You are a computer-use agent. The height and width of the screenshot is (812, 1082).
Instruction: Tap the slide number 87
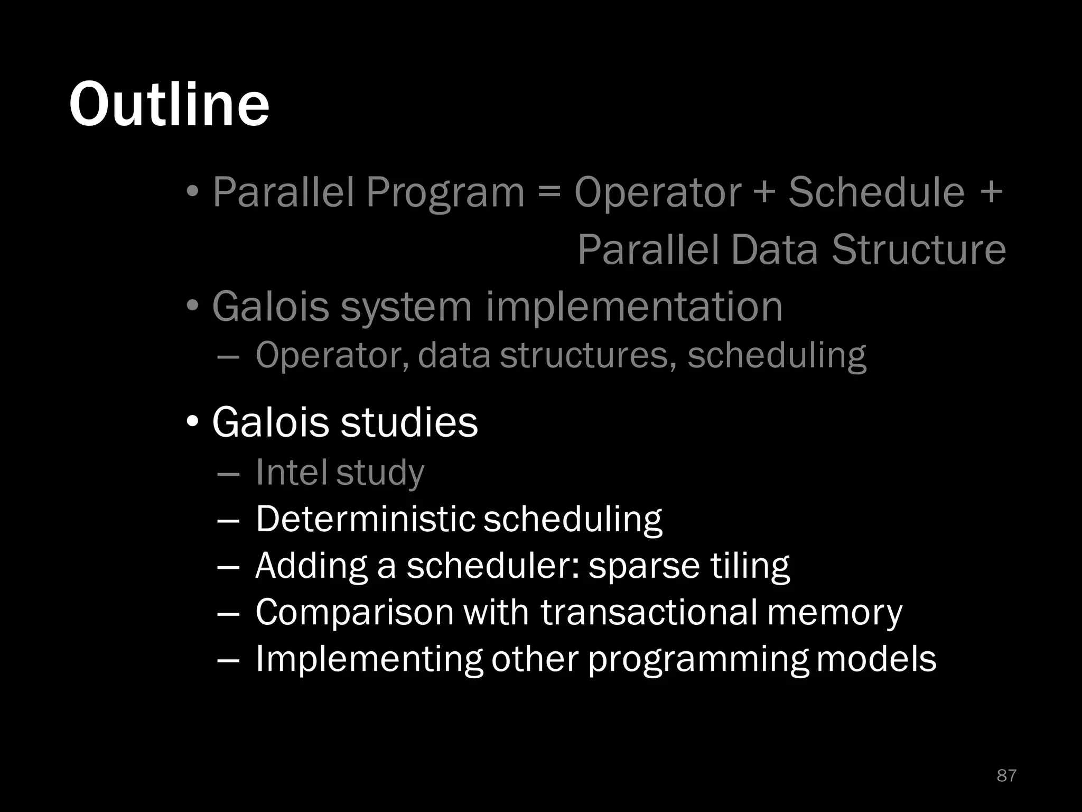click(1006, 776)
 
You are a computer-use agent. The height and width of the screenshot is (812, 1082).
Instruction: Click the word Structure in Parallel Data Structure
click(919, 250)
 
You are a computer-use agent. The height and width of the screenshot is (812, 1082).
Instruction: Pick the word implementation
click(634, 307)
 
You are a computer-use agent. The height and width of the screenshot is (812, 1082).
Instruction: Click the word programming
click(698, 660)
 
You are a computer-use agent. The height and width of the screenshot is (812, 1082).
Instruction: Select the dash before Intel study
click(228, 473)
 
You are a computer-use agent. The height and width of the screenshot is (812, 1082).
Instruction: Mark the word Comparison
click(355, 613)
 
